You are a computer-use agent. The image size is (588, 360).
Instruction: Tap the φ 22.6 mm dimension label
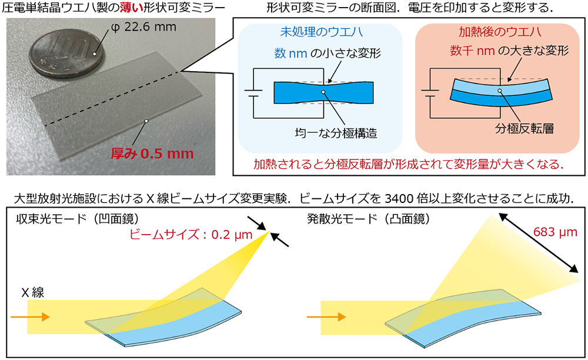[143, 27]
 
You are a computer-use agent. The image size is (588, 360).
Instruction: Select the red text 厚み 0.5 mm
[152, 154]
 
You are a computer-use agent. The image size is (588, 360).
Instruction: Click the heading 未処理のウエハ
[322, 32]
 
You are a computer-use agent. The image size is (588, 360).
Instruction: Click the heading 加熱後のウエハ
[500, 32]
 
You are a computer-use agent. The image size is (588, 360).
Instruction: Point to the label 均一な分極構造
[336, 133]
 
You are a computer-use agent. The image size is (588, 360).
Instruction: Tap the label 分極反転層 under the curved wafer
[524, 129]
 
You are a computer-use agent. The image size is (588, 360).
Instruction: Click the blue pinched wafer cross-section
[323, 92]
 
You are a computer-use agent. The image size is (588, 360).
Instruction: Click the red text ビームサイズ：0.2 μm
[191, 235]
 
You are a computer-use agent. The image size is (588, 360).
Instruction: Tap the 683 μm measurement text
[555, 232]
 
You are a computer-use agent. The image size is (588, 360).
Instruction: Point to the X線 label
[32, 292]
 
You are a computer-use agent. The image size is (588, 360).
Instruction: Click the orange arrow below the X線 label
[31, 317]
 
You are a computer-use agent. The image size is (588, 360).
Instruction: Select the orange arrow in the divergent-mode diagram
[326, 317]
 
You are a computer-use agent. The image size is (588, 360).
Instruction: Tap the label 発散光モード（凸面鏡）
[368, 219]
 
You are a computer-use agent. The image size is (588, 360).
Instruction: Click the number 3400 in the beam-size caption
[399, 198]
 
